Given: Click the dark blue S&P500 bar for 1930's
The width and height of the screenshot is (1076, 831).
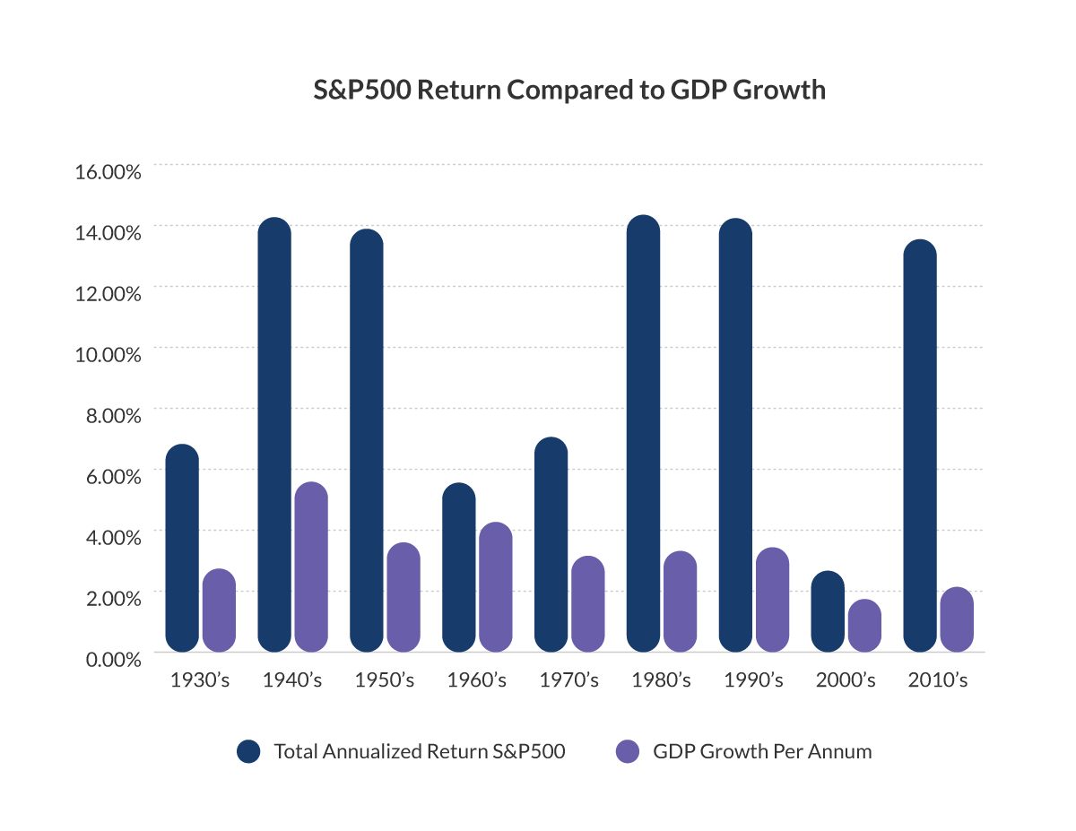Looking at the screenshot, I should coord(182,548).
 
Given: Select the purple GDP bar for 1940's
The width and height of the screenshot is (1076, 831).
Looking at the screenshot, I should coord(311,567).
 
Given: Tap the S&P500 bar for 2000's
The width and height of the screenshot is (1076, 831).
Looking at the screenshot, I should coord(828,611).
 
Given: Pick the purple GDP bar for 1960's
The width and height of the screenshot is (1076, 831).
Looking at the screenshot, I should coord(496,586).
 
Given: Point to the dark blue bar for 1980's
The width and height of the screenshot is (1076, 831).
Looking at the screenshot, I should coord(643,434).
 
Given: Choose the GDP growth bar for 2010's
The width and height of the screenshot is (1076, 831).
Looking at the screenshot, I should coord(957,619).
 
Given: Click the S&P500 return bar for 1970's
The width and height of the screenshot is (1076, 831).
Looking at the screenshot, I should coord(551,544).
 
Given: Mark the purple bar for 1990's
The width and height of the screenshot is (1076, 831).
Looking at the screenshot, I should coord(772,599).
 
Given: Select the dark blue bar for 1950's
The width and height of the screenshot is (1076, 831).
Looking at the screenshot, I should coord(367,440).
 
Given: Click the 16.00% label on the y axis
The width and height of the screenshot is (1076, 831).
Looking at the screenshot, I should coord(108,170).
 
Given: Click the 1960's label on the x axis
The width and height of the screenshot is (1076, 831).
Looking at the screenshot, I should coord(476,680).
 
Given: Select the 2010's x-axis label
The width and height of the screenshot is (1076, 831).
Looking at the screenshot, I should coord(937,680).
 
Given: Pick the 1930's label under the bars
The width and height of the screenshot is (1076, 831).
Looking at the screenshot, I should coord(200,680).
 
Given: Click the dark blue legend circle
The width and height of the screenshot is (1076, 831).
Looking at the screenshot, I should coord(248,751).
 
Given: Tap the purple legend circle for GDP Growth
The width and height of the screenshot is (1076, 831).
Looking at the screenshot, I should coord(628,751).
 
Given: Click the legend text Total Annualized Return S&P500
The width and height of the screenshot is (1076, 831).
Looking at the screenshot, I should coord(420,751).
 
